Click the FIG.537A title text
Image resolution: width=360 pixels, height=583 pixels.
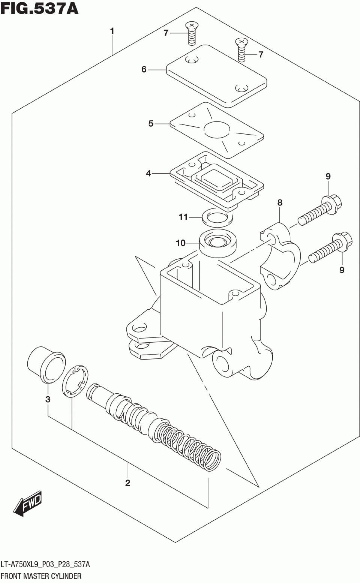[x=39, y=8]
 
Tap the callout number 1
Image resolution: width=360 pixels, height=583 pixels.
[x=112, y=31]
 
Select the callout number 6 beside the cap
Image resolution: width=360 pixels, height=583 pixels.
[x=144, y=69]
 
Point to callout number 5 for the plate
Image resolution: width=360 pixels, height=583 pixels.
[x=151, y=123]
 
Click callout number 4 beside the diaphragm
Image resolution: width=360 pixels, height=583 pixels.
[x=148, y=173]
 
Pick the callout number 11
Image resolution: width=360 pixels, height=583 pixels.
[x=183, y=217]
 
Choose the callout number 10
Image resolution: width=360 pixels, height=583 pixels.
[x=181, y=243]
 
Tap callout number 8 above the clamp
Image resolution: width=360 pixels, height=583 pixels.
[x=280, y=203]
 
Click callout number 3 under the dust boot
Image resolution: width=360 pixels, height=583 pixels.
[x=48, y=399]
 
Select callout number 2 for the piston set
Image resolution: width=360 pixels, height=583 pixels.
[x=127, y=483]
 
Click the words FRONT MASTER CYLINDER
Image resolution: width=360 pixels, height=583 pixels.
[x=41, y=576]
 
